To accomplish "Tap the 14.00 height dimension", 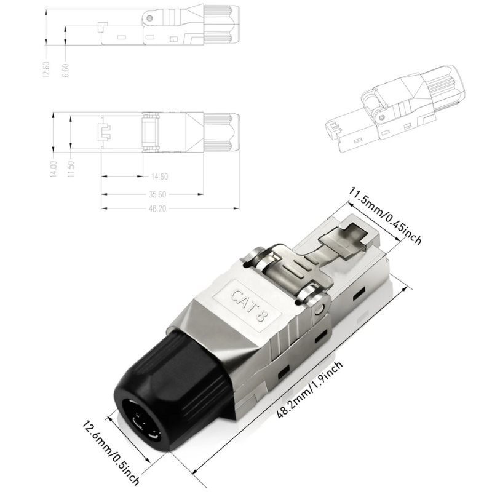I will pos(54,169).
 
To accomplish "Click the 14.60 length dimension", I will pos(159,177).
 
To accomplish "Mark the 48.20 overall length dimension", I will pos(159,208).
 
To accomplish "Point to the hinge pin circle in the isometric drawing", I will pos(382,116).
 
